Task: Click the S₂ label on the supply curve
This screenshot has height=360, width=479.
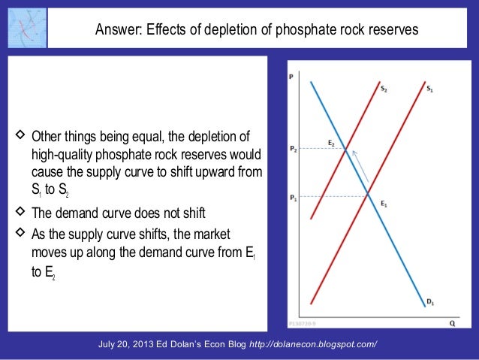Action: tap(384, 89)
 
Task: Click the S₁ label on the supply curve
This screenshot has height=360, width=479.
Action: tap(430, 89)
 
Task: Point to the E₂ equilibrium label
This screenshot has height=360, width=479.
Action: tap(332, 142)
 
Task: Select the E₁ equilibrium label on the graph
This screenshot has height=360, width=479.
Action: tap(384, 204)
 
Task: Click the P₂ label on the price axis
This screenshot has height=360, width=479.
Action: tap(294, 150)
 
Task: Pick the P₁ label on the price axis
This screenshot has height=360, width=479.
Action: tap(294, 198)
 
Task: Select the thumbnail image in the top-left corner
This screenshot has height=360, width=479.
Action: tap(24, 26)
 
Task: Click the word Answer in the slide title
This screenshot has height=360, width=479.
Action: tap(116, 31)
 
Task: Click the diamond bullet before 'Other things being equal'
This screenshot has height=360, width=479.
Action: tap(20, 138)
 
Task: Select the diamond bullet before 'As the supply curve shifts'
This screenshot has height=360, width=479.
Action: tap(20, 234)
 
